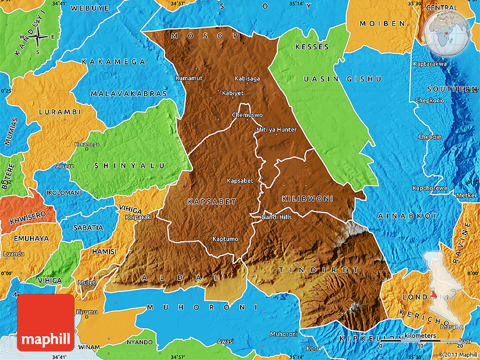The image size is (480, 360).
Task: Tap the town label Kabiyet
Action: coord(233,93)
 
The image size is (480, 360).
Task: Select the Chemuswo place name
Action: coord(247,115)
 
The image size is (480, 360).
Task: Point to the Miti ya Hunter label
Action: coord(276,129)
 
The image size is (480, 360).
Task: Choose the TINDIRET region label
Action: coord(318,270)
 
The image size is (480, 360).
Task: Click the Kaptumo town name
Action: coord(225,239)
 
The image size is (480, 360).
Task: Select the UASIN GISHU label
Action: coord(342,79)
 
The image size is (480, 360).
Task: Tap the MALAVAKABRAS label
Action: coord(129,93)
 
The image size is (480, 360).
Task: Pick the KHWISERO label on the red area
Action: coord(26,216)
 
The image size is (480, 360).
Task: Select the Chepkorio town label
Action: coord(430,100)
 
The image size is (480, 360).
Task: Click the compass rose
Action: coord(38,38)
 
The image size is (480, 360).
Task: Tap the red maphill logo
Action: coord(46,323)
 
